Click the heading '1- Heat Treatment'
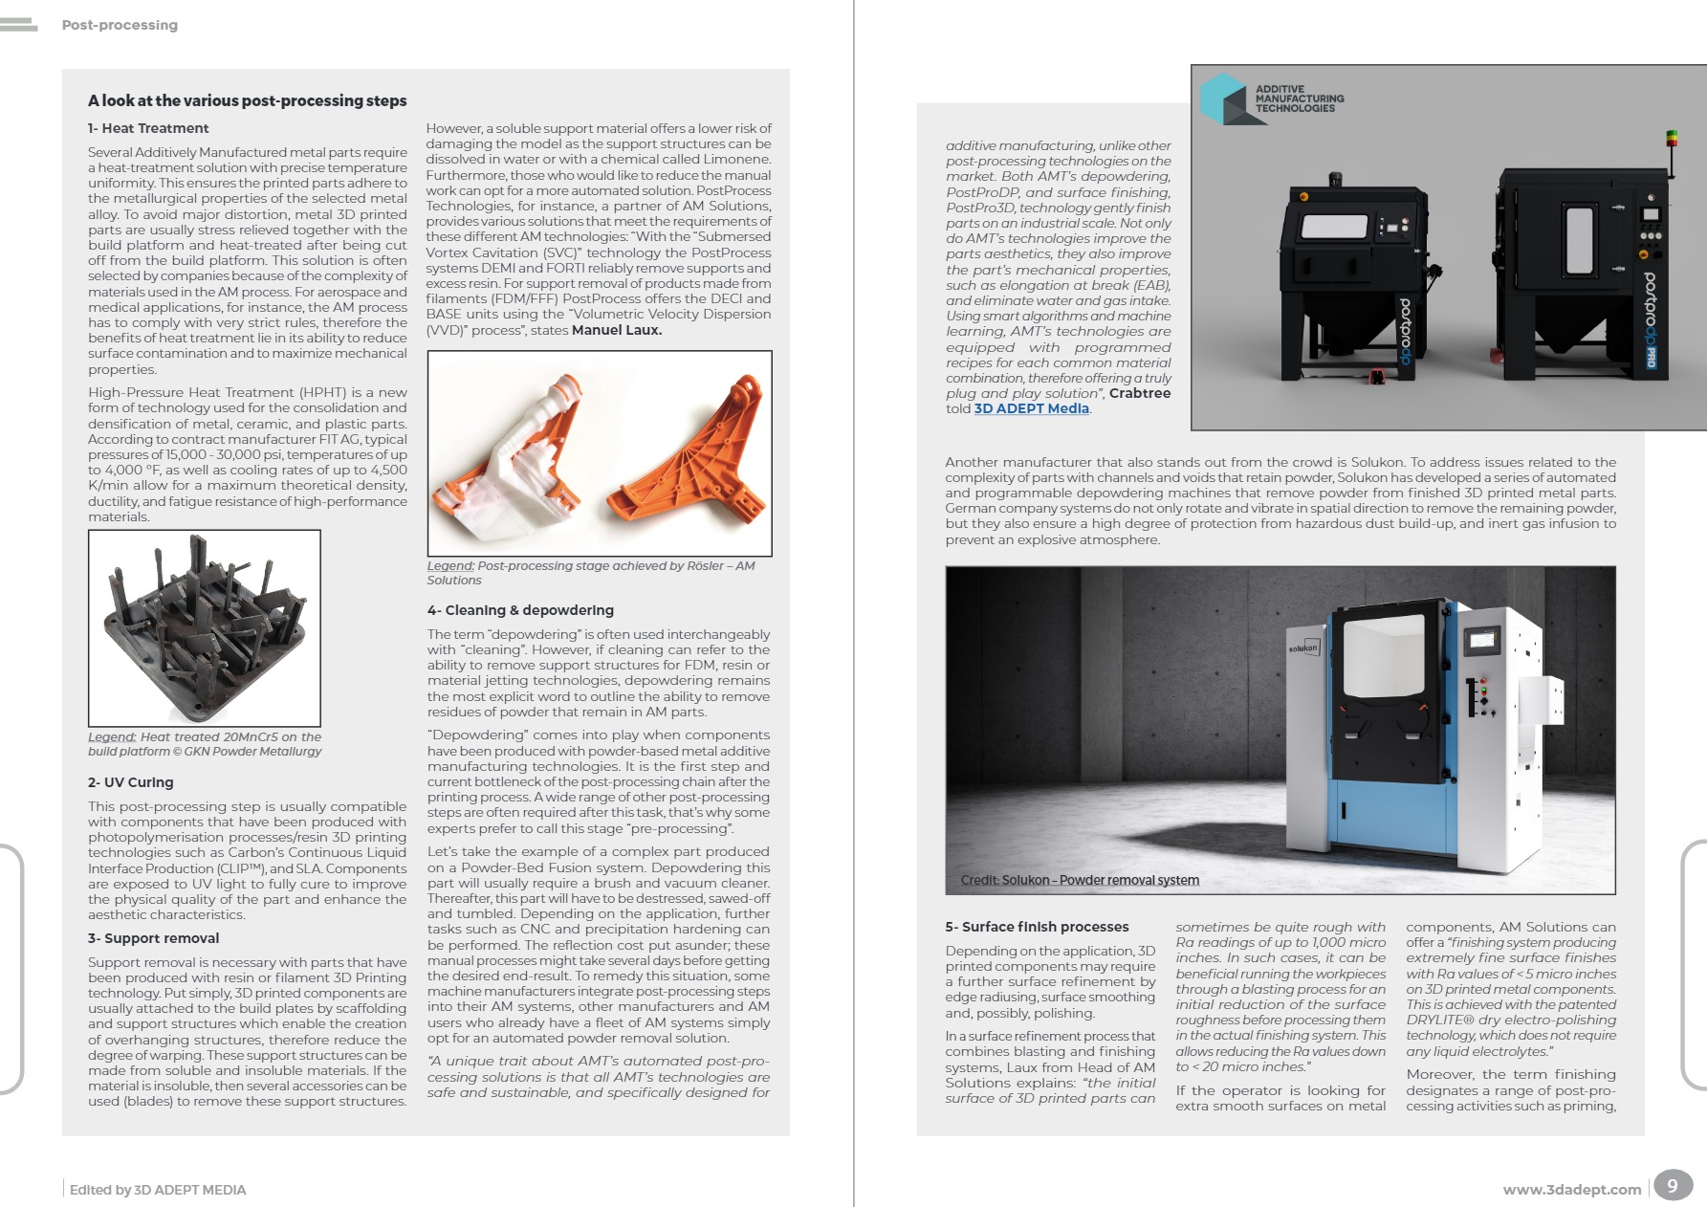[x=148, y=128]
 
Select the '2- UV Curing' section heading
[x=131, y=782]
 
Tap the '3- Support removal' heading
[x=153, y=938]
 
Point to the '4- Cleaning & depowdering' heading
[x=520, y=610]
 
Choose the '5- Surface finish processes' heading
[x=1037, y=927]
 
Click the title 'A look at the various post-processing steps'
[x=247, y=100]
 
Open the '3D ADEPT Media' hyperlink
[x=1031, y=408]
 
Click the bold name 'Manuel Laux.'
[x=617, y=330]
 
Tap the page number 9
[x=1672, y=1186]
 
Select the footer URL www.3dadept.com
[x=1571, y=1190]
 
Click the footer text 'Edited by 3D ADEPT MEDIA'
[x=158, y=1190]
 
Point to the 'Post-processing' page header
[x=120, y=25]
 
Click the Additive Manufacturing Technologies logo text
[x=1299, y=99]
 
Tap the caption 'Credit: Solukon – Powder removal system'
[x=1080, y=880]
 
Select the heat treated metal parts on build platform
[x=204, y=627]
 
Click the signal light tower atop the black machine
[x=1672, y=142]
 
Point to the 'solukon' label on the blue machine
[x=1303, y=648]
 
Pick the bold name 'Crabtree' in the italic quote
[x=1139, y=393]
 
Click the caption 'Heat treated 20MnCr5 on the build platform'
[x=205, y=744]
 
